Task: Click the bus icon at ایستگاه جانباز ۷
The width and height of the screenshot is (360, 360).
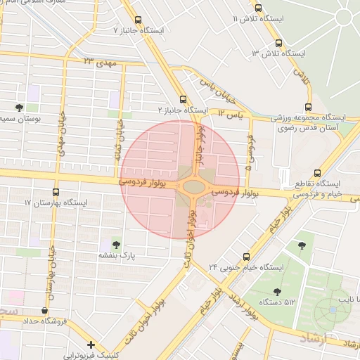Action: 138,20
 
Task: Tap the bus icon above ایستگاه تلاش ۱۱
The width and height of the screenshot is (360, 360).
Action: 259,8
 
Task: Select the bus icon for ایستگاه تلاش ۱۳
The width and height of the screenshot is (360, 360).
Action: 281,42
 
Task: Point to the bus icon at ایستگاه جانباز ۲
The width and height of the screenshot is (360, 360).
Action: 184,99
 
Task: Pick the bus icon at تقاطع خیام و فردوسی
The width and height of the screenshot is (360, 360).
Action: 318,172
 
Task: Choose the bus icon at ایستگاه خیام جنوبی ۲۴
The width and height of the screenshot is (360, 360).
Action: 246,257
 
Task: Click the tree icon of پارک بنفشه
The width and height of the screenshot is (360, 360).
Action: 116,243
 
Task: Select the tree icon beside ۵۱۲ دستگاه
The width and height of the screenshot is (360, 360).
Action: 276,290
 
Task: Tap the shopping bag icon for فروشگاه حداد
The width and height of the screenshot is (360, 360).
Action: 46,310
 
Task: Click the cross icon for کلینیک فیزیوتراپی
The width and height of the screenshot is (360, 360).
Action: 91,345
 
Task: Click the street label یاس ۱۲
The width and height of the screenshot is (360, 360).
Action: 230,112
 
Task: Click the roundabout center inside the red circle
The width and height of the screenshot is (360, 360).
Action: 191,187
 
